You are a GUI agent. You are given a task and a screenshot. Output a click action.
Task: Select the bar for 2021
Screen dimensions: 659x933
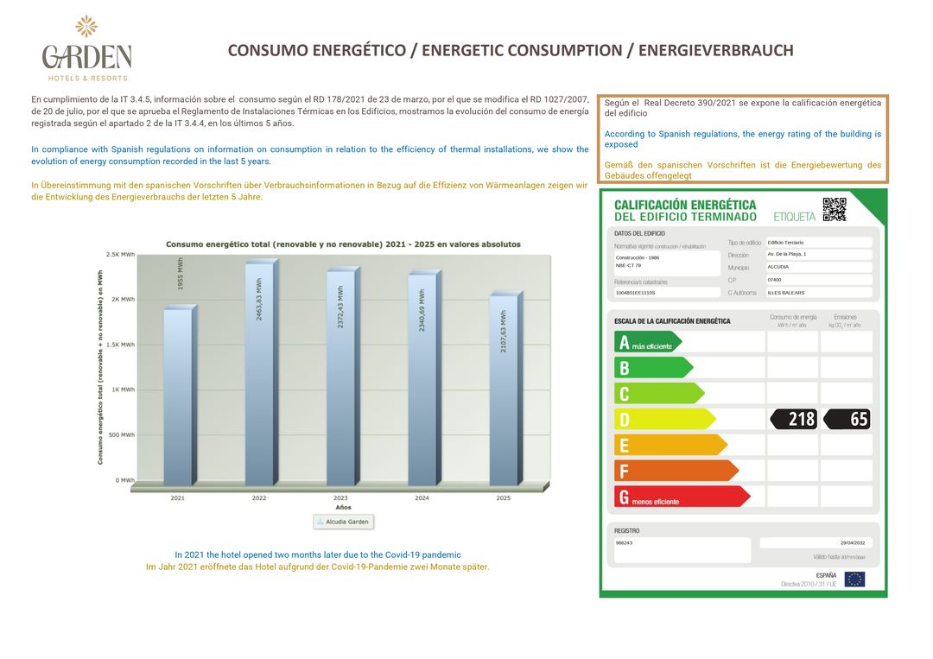178,397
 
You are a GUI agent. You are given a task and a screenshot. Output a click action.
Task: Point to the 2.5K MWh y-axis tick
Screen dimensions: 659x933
120,255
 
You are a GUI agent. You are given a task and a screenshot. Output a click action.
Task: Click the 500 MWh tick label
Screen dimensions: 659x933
121,434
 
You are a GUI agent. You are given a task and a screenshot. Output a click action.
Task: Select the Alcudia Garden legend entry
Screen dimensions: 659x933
343,523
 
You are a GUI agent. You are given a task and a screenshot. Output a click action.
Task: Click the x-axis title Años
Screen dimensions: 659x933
343,507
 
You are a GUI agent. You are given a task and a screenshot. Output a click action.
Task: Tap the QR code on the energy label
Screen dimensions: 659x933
834,209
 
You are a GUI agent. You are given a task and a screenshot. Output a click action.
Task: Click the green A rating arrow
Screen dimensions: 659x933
647,342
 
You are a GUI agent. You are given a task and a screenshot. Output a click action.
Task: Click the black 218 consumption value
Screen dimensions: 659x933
793,420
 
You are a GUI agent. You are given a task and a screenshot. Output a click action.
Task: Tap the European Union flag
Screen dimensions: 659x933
854,579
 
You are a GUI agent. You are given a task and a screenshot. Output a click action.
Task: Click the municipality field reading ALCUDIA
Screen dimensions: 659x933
818,267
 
